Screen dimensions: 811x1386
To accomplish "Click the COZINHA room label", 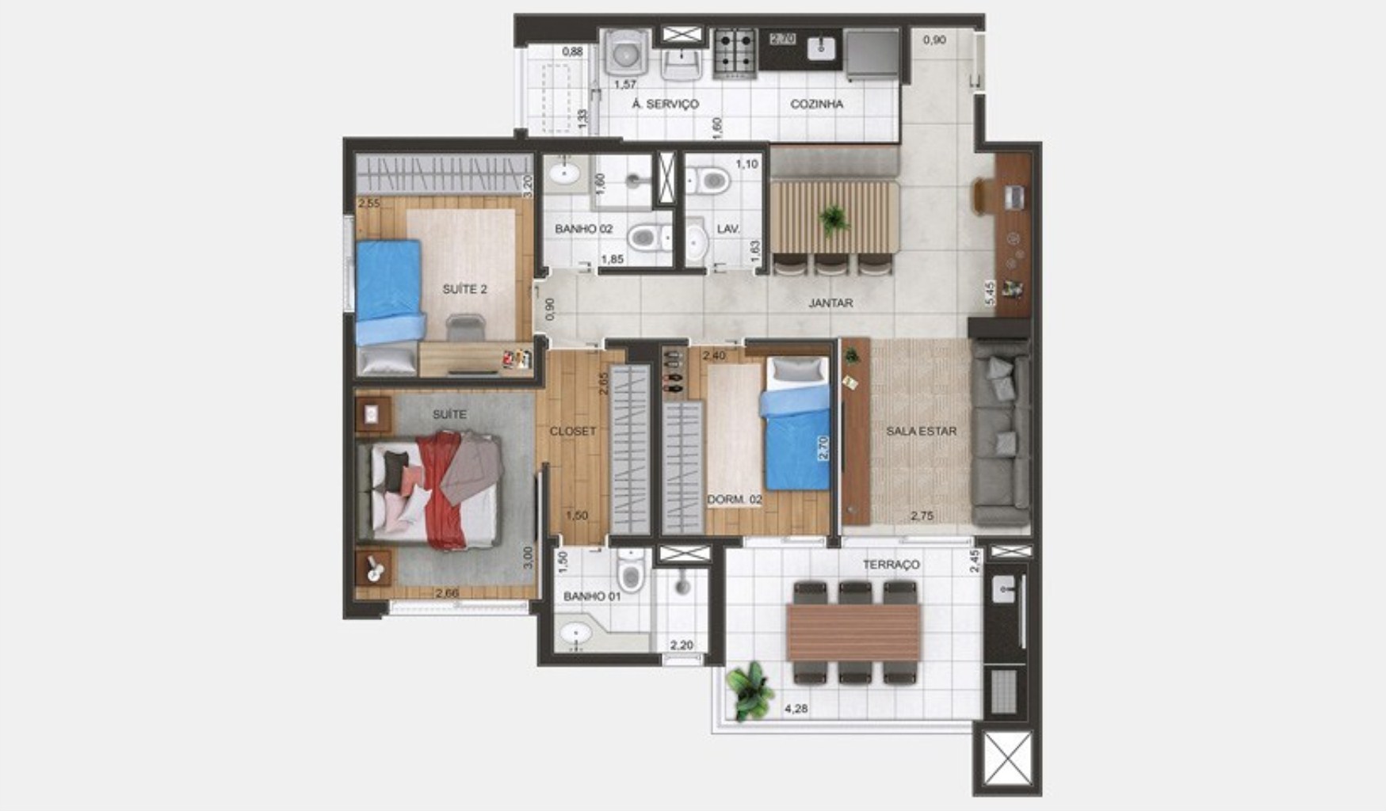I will coord(816,104).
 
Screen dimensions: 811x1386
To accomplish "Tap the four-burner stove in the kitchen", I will coord(734,51).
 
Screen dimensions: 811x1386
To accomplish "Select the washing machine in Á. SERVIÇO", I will coord(627,53).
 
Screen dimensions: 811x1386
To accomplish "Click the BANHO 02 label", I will coord(583,229).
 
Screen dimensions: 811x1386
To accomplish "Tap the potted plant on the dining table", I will coord(834,218).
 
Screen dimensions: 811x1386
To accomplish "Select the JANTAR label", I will coord(830,303).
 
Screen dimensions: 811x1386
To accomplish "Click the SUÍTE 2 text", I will coord(464,289).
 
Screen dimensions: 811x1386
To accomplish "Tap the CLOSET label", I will coord(572,431).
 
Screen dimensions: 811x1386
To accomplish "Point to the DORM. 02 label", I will coord(734,499).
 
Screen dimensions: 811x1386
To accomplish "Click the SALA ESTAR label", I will coord(921,431).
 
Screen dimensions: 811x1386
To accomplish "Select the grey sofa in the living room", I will coord(1000,432).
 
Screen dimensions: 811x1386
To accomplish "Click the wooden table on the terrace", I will coord(853,632).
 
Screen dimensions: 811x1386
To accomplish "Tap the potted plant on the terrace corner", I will coord(749,691).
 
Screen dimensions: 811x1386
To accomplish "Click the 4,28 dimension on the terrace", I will coord(796,708).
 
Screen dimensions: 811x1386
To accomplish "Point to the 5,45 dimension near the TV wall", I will coord(989,293).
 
